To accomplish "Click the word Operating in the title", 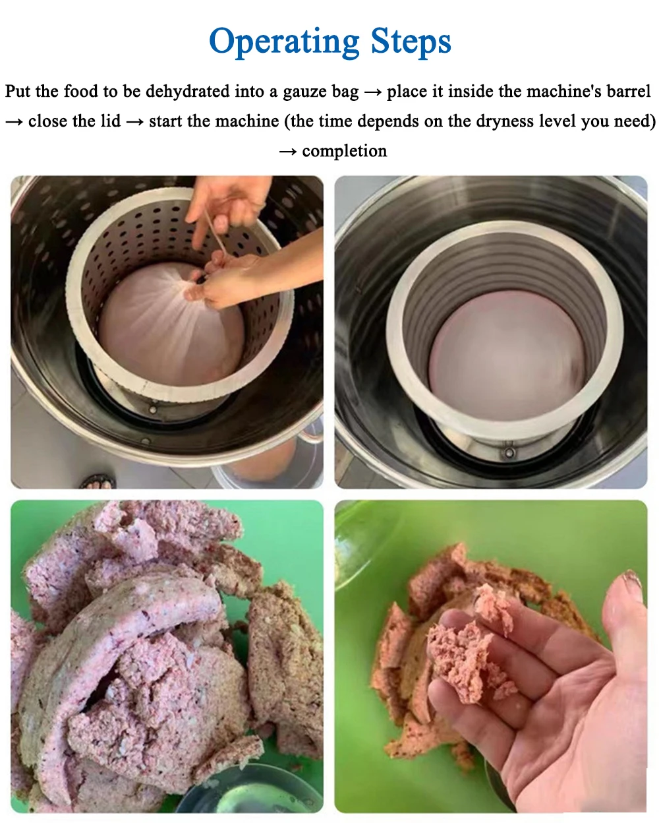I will point(284,42).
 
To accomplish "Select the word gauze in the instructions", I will point(307,92).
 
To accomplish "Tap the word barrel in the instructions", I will point(629,92).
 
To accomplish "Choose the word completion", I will point(344,151).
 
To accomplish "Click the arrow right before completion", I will point(287,152).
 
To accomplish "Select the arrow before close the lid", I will point(14,122).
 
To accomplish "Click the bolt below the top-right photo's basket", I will point(509,452).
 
